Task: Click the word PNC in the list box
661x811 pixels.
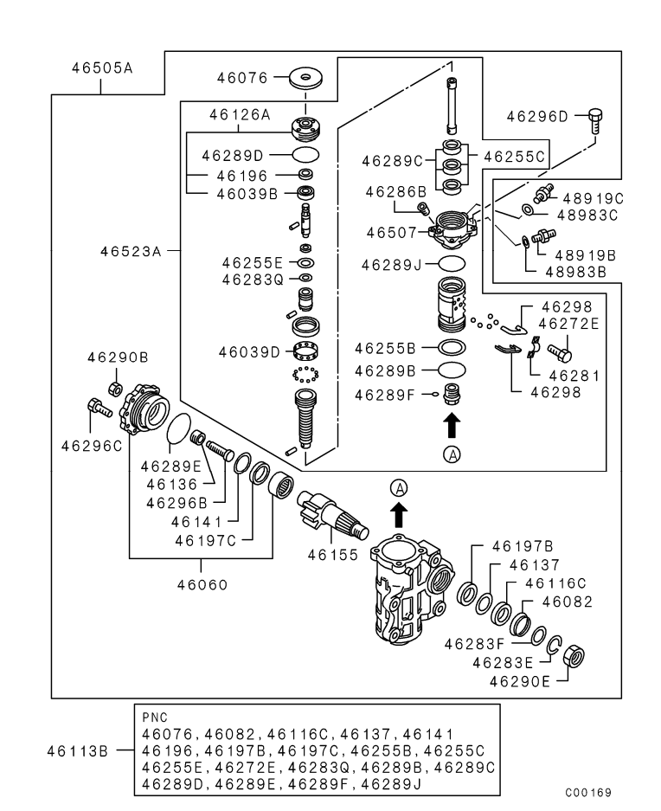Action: (156, 718)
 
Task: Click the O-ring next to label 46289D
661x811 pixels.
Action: (305, 156)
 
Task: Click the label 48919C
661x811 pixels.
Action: (594, 198)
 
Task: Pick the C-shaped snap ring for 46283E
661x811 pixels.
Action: (555, 644)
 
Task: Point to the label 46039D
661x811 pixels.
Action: (249, 351)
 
